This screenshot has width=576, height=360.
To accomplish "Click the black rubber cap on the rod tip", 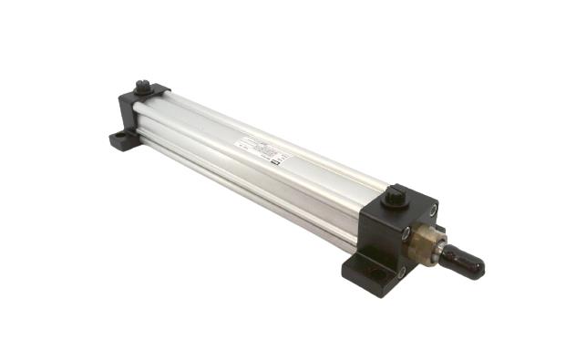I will [466, 263].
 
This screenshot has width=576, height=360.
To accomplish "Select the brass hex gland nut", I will [424, 244].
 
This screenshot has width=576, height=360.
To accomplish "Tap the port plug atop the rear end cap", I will [142, 87].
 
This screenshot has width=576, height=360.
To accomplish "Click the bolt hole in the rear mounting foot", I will [120, 139].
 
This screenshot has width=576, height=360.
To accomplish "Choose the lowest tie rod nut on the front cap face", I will [401, 271].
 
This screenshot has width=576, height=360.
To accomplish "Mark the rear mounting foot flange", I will [122, 140].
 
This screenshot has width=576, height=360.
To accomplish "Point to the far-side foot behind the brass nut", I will [439, 231].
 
